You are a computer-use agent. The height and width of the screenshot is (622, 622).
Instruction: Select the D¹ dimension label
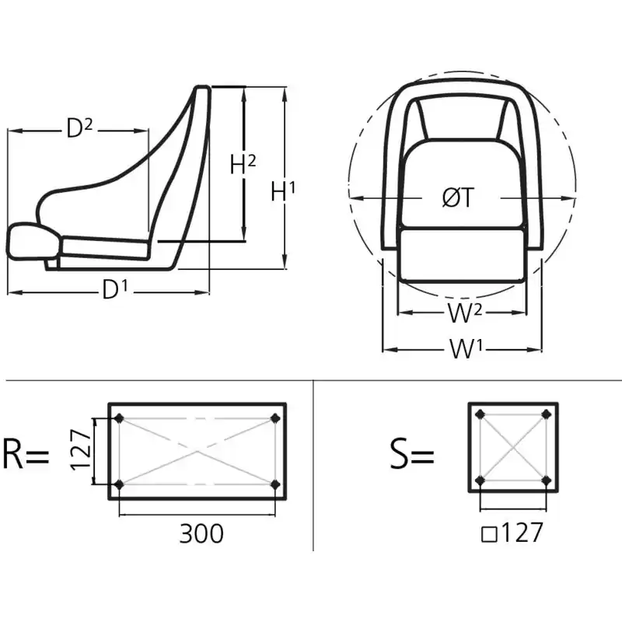coord(115,288)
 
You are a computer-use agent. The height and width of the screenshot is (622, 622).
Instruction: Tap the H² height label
coord(243,164)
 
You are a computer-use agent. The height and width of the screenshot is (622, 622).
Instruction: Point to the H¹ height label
coord(283,190)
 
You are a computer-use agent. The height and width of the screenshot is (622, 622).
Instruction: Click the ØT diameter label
coord(458,197)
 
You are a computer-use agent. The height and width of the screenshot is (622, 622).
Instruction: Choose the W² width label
coord(465,313)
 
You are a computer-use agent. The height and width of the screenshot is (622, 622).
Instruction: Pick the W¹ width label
coord(466,348)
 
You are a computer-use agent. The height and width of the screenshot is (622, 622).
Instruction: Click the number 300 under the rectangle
coord(201,533)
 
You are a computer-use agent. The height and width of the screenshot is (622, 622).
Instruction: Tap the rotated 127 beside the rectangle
coord(81,450)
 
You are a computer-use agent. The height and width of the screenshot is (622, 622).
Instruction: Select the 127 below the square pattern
coord(522,532)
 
